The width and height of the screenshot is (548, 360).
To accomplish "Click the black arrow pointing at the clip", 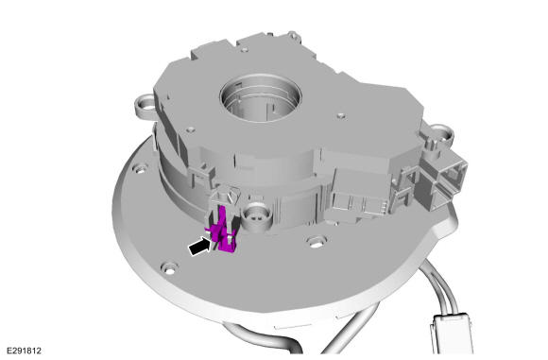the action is click(201, 247).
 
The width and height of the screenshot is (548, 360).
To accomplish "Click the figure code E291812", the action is click(25, 351).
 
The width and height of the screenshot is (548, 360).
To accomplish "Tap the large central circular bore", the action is click(261, 98).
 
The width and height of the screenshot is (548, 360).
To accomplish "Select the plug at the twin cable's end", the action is click(452, 334).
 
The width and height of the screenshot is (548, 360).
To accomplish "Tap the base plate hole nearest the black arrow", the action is click(169, 268).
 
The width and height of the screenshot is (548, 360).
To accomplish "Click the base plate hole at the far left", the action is click(141, 170).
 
